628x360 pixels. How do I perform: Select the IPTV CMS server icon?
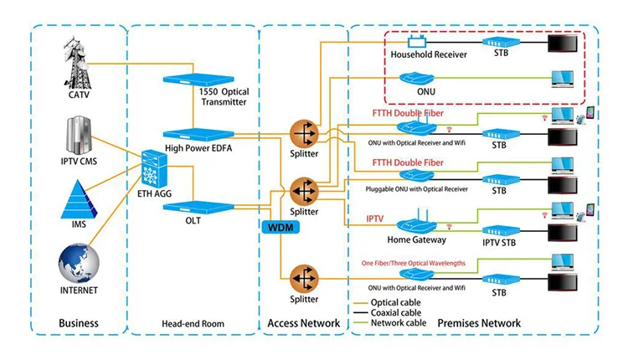point(78,133)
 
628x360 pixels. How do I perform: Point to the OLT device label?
point(194,221)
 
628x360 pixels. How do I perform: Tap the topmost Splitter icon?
point(304,134)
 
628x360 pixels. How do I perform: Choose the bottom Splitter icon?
point(304,277)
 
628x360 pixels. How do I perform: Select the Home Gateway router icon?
point(417,227)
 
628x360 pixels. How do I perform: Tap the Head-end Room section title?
point(193,323)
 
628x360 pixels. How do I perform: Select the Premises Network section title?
point(481,323)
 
